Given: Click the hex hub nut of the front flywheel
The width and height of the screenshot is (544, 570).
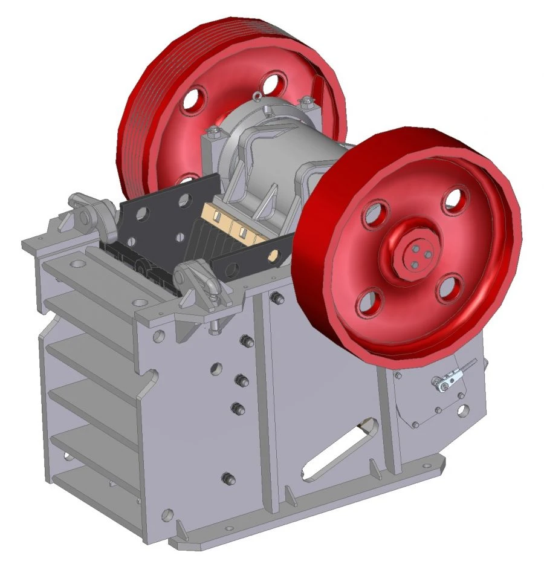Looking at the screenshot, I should pos(415,251).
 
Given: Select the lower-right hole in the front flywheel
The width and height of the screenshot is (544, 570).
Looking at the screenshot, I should pos(450,288).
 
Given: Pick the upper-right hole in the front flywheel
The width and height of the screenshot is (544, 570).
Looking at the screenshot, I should pos(454,202).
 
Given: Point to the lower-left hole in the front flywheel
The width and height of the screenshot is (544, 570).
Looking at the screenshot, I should pos(370,303).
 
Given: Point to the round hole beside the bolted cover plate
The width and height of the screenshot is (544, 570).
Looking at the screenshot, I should pos(462,411).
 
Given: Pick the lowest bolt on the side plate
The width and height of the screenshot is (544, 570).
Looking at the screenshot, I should pos(228,478).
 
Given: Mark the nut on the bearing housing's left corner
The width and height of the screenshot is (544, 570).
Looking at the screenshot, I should pos(213,130).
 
